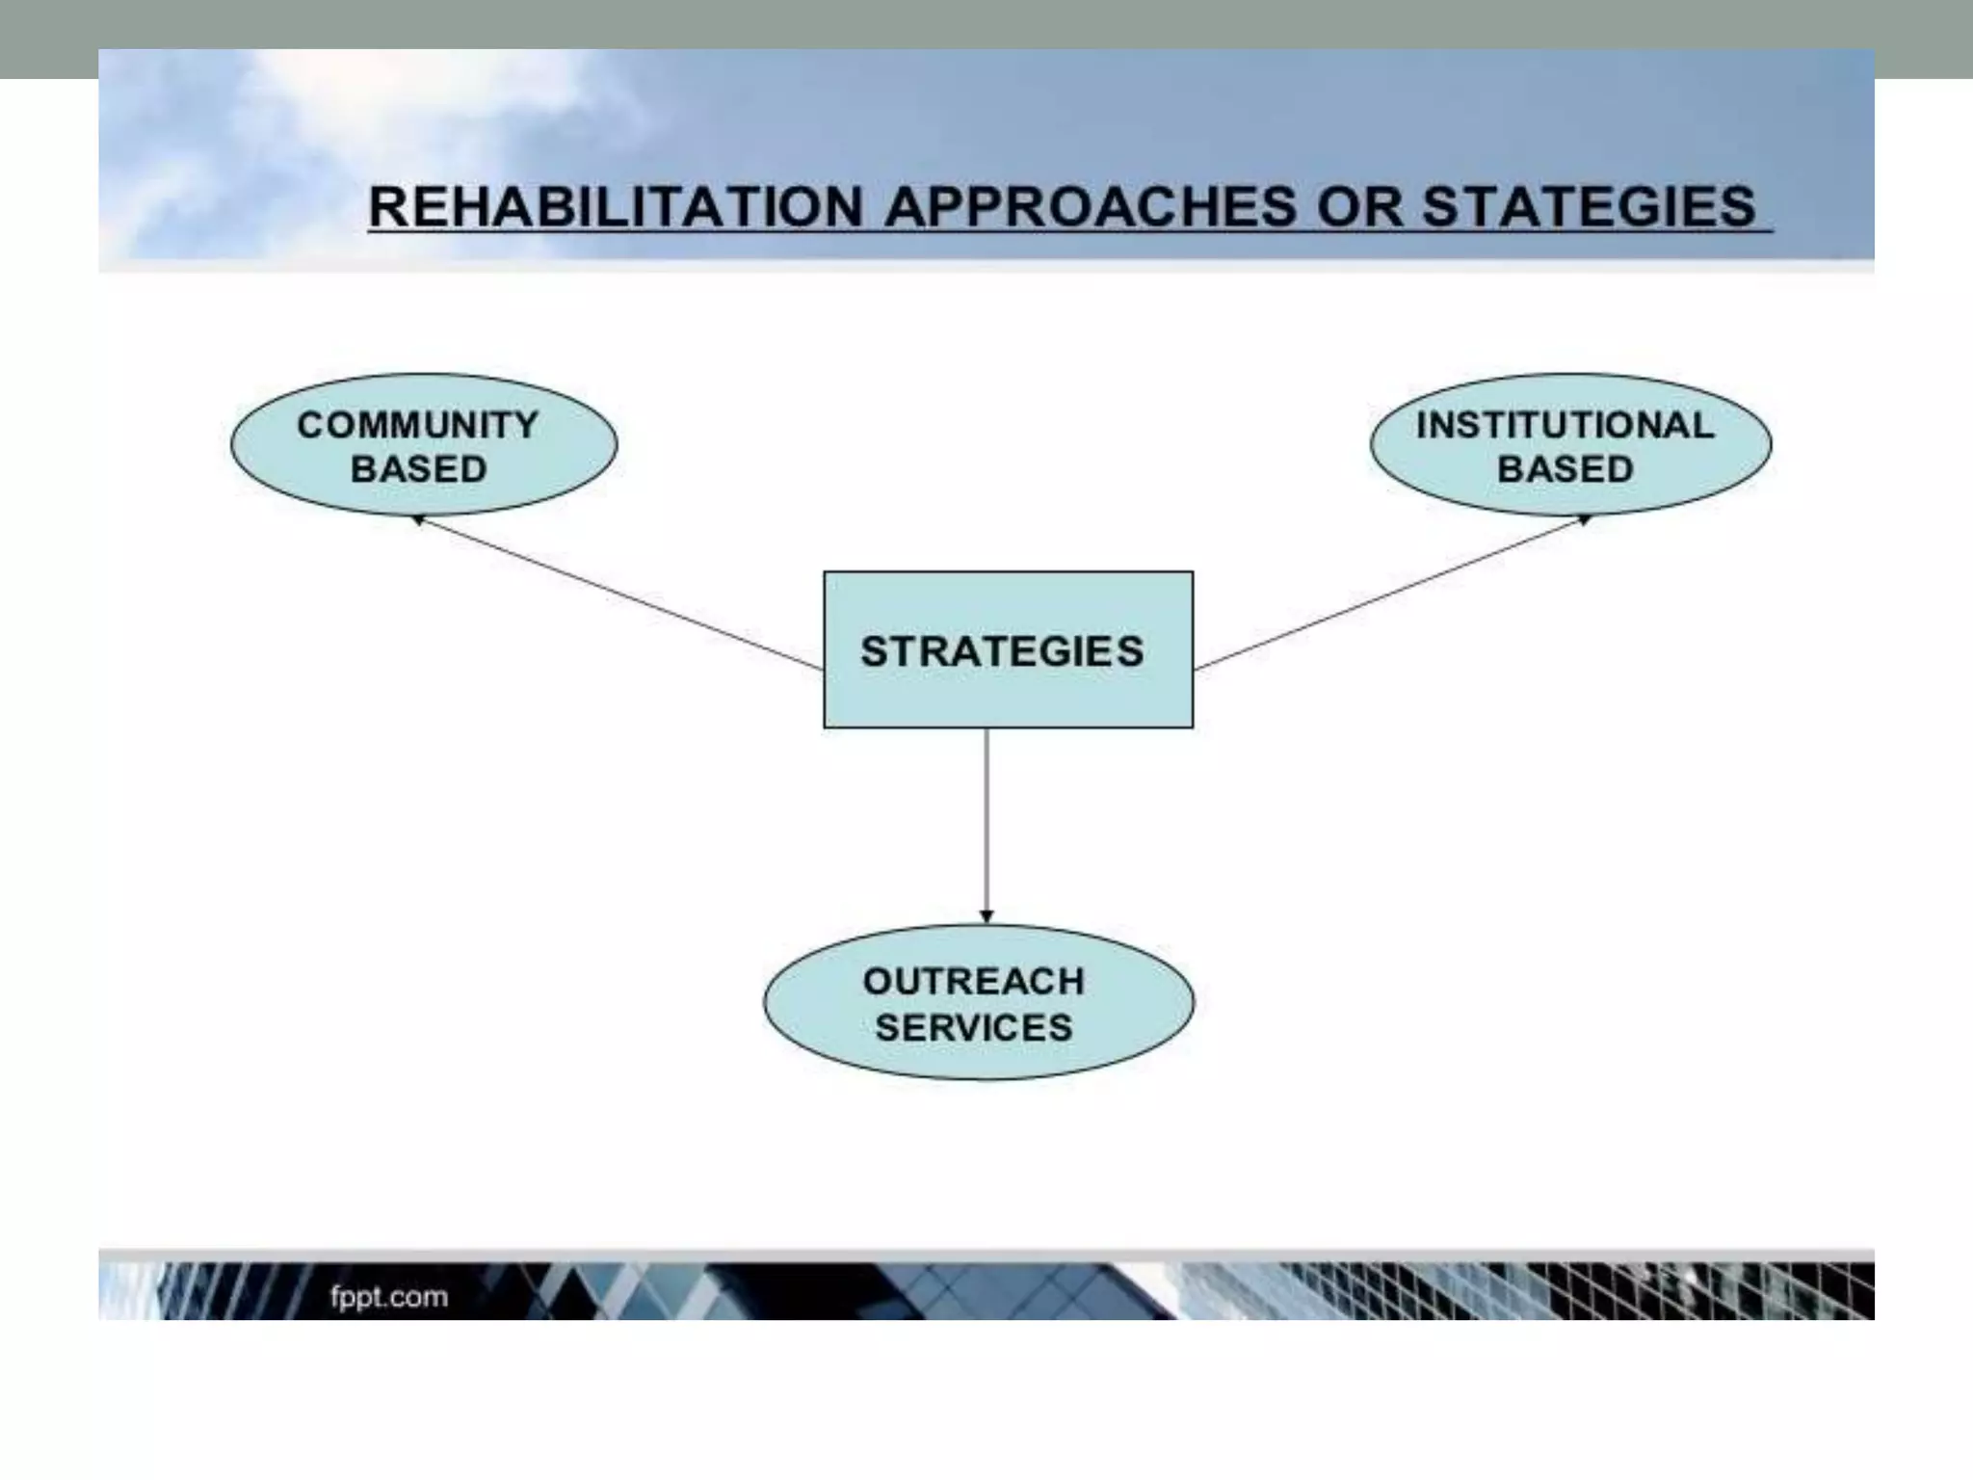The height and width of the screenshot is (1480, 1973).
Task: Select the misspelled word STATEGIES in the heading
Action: (x=1589, y=207)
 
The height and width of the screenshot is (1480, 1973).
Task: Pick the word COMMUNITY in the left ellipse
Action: (x=418, y=425)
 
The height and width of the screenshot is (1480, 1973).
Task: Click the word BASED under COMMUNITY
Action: (x=418, y=469)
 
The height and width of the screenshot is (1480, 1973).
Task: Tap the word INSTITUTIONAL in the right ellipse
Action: (x=1565, y=425)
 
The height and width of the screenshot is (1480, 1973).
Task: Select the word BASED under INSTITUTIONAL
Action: (x=1565, y=469)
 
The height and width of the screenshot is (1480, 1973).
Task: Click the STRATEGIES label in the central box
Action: (x=1002, y=651)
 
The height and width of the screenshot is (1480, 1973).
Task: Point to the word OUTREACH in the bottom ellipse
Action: (x=973, y=981)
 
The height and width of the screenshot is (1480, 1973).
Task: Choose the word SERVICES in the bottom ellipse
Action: (x=973, y=1027)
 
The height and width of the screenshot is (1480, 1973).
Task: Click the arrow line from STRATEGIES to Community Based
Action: (x=617, y=593)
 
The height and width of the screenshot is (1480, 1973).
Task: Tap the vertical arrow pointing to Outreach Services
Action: (x=986, y=819)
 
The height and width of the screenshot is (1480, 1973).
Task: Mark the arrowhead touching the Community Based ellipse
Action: (x=420, y=520)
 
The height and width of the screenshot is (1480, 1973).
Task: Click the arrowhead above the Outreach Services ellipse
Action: (x=986, y=915)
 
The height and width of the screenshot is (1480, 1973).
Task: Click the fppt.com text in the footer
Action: (x=388, y=1297)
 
